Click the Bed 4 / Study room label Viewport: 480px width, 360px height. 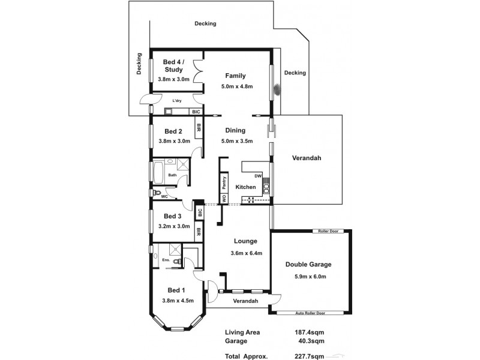(x=173, y=65)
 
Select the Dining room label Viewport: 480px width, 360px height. (x=235, y=130)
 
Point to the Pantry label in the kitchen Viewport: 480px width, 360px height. (x=224, y=181)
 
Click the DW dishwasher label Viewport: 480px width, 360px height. (x=258, y=176)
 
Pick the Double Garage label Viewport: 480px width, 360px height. (x=308, y=264)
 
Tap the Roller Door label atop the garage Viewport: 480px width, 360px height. (x=325, y=231)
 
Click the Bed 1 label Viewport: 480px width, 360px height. (x=173, y=290)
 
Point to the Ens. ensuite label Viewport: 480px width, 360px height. (x=166, y=260)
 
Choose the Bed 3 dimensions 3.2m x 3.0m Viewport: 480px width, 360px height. (x=173, y=226)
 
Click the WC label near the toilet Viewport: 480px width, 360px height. (x=164, y=196)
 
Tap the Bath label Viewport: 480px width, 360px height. (x=172, y=175)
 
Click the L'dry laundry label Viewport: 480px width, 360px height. (x=177, y=101)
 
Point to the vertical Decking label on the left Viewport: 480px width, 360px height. (x=139, y=64)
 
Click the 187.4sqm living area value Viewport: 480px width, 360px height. (x=308, y=332)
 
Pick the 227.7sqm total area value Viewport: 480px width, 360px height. (x=308, y=355)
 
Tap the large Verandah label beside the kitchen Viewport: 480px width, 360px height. (x=307, y=158)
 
